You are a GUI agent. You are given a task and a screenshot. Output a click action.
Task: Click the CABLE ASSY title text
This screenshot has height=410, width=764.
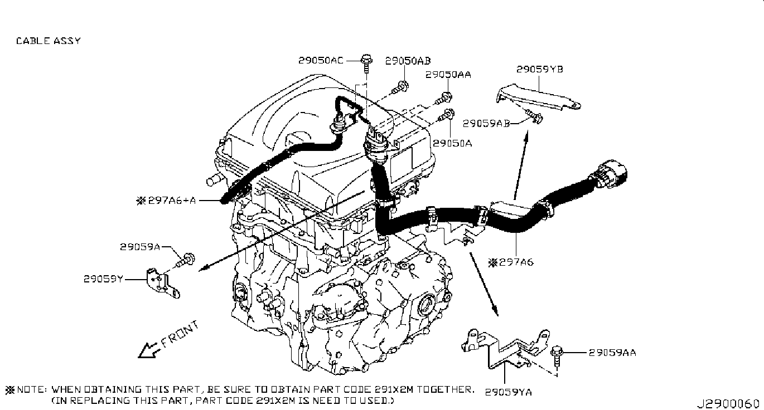click(x=48, y=41)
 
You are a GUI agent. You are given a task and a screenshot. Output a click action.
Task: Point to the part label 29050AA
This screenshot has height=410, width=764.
click(x=448, y=74)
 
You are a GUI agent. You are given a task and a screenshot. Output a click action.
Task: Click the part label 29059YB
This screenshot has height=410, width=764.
click(x=539, y=70)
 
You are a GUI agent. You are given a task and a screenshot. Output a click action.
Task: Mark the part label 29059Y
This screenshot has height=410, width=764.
click(x=103, y=278)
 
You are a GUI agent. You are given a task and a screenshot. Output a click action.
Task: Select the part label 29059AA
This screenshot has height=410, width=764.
click(x=612, y=352)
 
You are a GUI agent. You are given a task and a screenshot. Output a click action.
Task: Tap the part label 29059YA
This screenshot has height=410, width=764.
click(x=509, y=392)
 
